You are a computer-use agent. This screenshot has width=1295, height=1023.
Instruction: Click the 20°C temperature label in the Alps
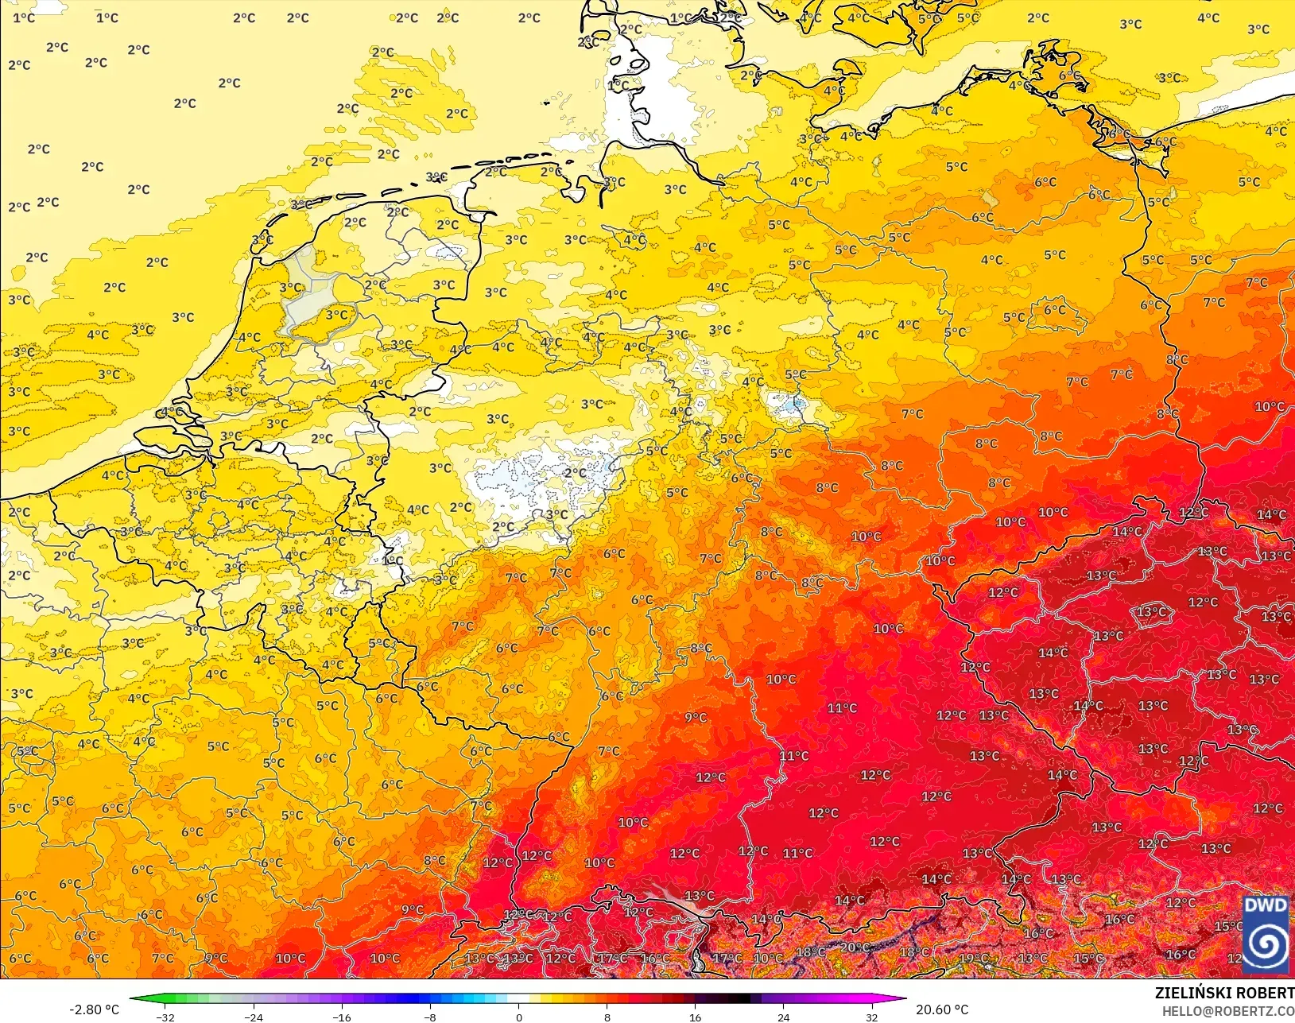(x=854, y=947)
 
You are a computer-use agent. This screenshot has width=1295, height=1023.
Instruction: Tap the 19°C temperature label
(x=973, y=959)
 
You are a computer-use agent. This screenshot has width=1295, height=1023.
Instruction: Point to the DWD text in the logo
(x=1265, y=905)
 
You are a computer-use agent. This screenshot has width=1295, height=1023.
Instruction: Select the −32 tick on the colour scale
(x=165, y=1017)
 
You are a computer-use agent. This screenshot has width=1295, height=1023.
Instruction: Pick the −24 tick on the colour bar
(x=253, y=1017)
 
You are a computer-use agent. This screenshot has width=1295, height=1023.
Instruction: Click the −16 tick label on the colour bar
(x=341, y=1017)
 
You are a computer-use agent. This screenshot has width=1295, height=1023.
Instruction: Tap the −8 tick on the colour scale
(x=430, y=1017)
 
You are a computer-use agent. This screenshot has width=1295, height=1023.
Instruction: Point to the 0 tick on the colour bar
(x=518, y=1017)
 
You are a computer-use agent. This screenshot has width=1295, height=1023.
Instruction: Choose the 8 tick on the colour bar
(x=607, y=1017)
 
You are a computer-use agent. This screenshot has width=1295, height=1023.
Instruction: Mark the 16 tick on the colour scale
(x=695, y=1017)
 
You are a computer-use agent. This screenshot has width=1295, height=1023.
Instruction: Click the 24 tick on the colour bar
(x=783, y=1017)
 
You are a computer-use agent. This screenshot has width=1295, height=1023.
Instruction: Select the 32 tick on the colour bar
(x=871, y=1017)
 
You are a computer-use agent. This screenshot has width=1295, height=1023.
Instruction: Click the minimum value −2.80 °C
(x=94, y=1009)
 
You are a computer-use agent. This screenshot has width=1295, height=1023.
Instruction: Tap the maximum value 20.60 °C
(x=942, y=1009)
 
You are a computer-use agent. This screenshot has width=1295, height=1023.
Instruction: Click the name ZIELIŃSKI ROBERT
(x=1224, y=993)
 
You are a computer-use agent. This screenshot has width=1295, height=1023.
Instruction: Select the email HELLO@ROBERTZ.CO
(x=1228, y=1011)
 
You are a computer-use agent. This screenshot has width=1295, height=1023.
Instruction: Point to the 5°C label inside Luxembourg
(x=380, y=643)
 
